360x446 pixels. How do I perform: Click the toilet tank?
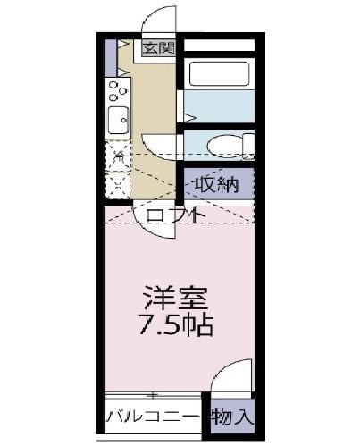(247, 145)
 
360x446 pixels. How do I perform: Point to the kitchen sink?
(117, 118)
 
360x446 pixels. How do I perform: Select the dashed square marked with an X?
(117, 185)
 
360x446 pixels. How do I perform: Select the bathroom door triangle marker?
(188, 115)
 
